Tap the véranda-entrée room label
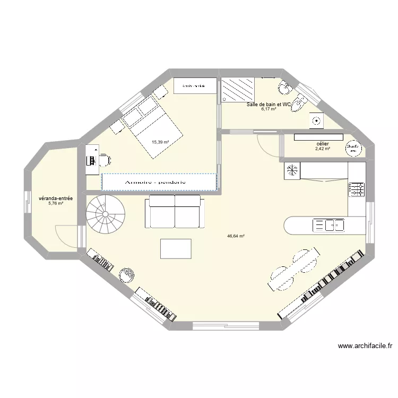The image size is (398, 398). (56, 199)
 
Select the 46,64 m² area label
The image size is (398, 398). (236, 237)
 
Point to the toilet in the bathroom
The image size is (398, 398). (300, 102)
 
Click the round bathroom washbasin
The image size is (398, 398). (285, 86)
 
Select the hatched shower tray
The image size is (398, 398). (238, 91)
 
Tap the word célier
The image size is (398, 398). (322, 144)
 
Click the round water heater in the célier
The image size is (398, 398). (352, 148)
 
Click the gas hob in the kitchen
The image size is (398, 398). (356, 189)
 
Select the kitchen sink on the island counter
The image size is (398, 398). (329, 226)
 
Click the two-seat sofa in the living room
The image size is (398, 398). (175, 211)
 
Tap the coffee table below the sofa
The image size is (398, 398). (176, 248)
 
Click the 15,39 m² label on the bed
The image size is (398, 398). (160, 142)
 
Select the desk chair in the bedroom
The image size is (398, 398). (105, 159)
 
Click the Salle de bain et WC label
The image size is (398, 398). (269, 105)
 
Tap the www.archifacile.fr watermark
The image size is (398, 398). (365, 346)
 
